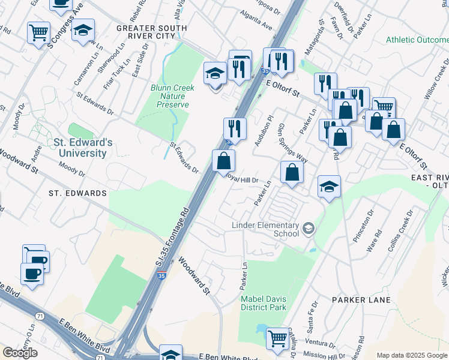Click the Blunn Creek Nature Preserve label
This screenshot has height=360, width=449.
(x=173, y=96)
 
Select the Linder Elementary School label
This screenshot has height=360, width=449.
(x=265, y=229)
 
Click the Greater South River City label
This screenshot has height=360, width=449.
(x=151, y=32)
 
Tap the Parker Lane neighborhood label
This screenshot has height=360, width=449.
(x=358, y=299)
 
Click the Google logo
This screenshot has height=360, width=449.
(x=20, y=352)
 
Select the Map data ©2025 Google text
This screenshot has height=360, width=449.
(x=412, y=355)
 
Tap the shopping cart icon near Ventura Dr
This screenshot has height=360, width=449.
(x=277, y=338)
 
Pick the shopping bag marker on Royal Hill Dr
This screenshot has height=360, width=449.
(x=223, y=161)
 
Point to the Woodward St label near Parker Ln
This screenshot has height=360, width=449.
(x=193, y=276)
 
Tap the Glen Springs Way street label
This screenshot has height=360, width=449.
(x=294, y=144)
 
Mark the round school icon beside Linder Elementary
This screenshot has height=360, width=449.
(x=308, y=228)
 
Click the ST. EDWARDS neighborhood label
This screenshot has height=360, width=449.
(x=77, y=193)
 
